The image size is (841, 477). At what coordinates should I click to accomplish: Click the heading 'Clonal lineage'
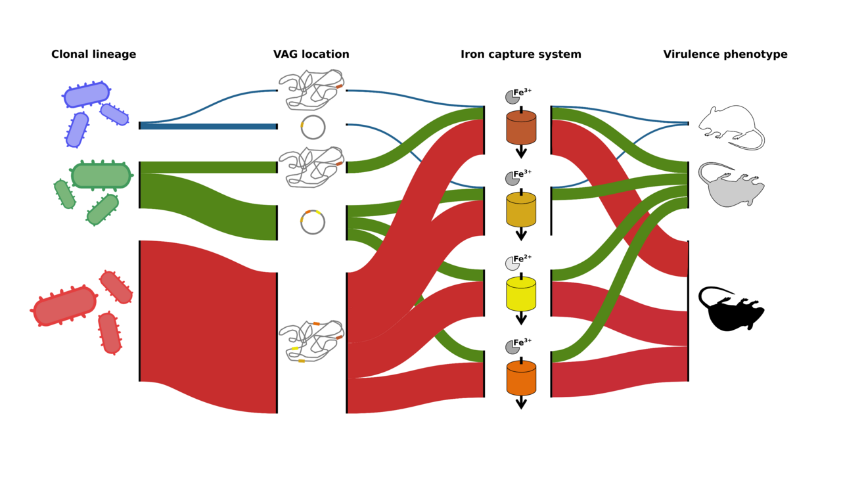tap(93, 55)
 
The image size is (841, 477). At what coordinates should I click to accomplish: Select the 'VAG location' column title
tap(311, 55)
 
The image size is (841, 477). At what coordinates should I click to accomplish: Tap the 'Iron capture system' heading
tap(521, 55)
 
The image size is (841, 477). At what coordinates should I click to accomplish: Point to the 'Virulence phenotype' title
tap(725, 55)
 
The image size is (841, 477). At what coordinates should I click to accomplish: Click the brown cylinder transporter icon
tap(521, 127)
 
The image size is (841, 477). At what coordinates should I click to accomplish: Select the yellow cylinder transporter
tap(521, 294)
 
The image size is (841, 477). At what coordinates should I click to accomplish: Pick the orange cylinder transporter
tap(521, 378)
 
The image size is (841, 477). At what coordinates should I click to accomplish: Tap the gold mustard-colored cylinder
tap(521, 209)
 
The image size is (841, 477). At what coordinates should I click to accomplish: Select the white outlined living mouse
tap(729, 126)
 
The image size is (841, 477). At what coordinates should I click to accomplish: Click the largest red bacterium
tap(65, 306)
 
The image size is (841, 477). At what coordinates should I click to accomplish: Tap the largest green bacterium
tap(101, 175)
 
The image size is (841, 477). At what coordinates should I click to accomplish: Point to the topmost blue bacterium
tap(87, 95)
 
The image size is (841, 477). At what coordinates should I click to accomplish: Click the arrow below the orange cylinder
tap(521, 402)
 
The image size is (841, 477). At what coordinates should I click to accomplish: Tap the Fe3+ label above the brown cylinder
tap(522, 93)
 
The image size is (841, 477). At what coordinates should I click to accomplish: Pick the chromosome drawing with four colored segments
tap(311, 340)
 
